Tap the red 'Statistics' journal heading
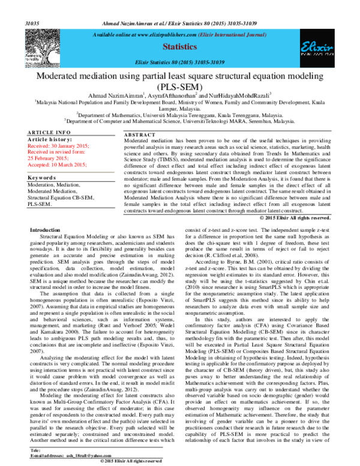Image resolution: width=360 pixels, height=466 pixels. pyautogui.click(x=180, y=46)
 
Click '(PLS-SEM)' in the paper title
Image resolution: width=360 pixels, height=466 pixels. pyautogui.click(x=180, y=86)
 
